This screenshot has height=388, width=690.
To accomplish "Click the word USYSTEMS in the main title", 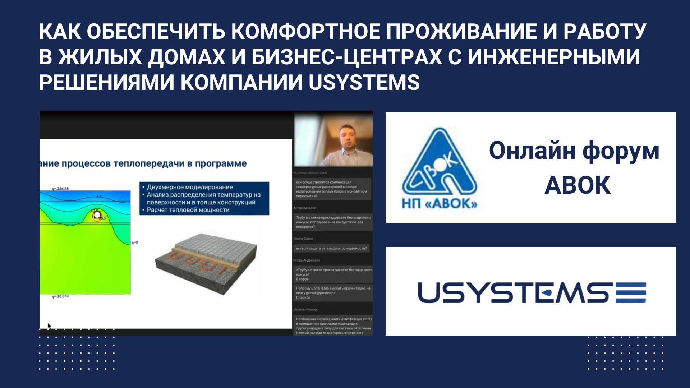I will pos(364,82).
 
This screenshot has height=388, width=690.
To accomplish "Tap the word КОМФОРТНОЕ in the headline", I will pos(305,32).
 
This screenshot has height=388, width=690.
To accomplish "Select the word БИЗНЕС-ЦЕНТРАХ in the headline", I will pos(347,57).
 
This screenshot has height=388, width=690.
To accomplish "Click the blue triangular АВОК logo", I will pos(439,165).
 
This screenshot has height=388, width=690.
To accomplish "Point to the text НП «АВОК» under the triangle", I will pos(440,204).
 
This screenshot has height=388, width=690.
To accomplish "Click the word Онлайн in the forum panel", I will pos(532,151).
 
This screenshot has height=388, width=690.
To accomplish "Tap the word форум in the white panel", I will pos(621,151).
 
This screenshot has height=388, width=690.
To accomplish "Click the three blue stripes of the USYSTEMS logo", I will pos(631,293).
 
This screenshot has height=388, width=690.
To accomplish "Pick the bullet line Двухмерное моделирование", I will pos(190,187).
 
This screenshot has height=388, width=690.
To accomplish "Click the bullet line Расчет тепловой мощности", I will pos(188,210).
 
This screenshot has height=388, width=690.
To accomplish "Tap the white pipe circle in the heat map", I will pos(97,215).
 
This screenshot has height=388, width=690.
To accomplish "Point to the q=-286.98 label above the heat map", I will pos(60,189).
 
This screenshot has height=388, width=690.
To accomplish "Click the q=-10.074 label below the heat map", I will pos(60,296).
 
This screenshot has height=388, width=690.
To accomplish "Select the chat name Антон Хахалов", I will pos(305,208).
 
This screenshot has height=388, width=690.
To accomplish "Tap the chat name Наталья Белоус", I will pos(305,309).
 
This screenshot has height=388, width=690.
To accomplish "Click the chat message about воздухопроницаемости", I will pos(331,248).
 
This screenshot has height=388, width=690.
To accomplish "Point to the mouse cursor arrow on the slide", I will pos(49,326).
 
